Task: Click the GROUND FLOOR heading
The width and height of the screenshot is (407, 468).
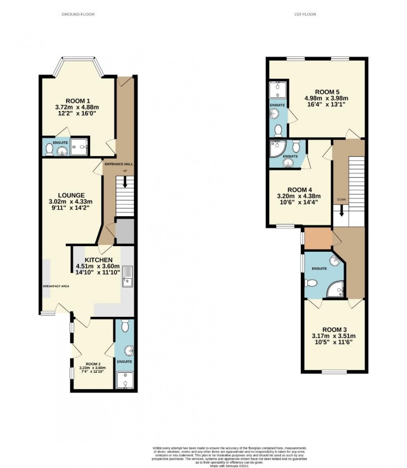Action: click(x=78, y=14)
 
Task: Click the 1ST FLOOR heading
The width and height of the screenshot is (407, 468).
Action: click(x=305, y=14)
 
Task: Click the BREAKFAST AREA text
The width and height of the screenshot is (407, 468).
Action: click(x=56, y=286)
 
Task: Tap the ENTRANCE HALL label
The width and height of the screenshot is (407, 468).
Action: click(x=119, y=164)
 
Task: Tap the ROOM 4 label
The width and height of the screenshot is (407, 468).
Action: click(x=299, y=190)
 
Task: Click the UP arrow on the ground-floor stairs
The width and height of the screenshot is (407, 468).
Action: click(x=125, y=182)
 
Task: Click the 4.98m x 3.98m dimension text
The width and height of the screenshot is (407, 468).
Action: click(x=326, y=99)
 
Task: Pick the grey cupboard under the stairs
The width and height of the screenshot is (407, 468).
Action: click(x=124, y=231)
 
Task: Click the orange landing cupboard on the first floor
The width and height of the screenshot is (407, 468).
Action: click(x=318, y=238)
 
